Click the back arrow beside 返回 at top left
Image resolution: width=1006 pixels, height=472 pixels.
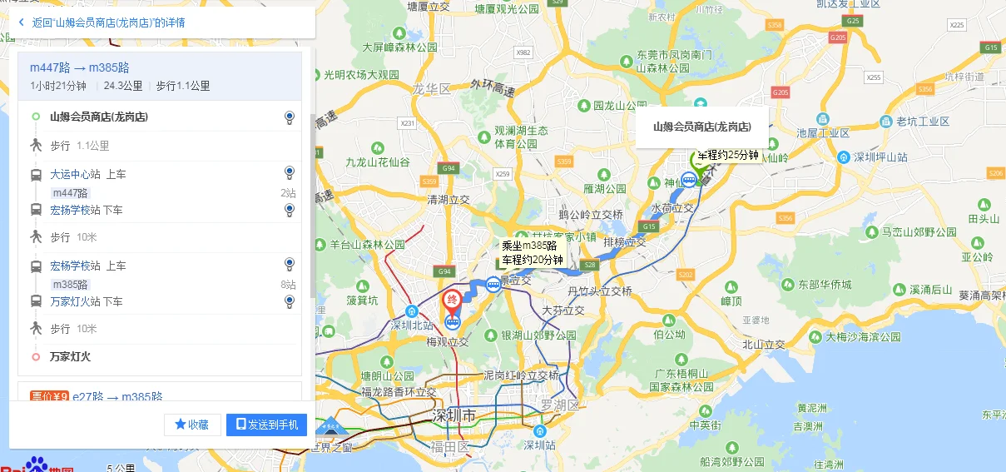21,22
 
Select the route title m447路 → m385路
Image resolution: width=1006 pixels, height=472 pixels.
79,67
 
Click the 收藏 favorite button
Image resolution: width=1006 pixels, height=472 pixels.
192,425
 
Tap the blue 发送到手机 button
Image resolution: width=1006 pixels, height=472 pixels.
266,425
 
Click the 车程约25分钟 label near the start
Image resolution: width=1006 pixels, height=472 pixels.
728,155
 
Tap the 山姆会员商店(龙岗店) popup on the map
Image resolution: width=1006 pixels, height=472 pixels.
701,127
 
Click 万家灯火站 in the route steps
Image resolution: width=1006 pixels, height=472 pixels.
75,301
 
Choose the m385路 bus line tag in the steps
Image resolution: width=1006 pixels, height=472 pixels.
70,284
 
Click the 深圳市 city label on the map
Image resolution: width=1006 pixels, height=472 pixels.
453,415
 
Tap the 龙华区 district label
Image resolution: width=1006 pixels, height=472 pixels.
431,88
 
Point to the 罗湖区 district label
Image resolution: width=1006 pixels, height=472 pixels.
558,405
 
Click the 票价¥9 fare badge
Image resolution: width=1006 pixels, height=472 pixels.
48,397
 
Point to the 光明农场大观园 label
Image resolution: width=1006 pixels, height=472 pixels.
361,74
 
